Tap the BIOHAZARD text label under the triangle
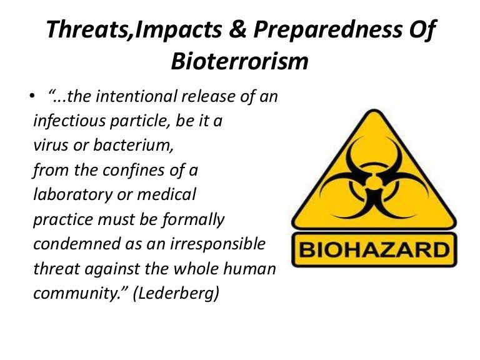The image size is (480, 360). click(x=374, y=251)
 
